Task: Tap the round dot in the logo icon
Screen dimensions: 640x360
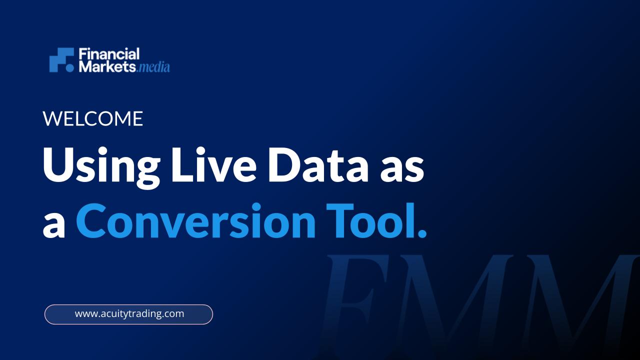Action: click(x=70, y=68)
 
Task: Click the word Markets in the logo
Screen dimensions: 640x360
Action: click(x=107, y=66)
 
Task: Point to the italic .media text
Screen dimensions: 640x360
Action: click(x=153, y=67)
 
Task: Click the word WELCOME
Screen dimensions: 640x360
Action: click(x=93, y=118)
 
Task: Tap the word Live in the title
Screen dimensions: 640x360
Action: click(x=213, y=164)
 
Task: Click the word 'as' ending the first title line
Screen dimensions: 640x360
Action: click(x=401, y=169)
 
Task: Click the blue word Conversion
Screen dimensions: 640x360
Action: click(x=195, y=220)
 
